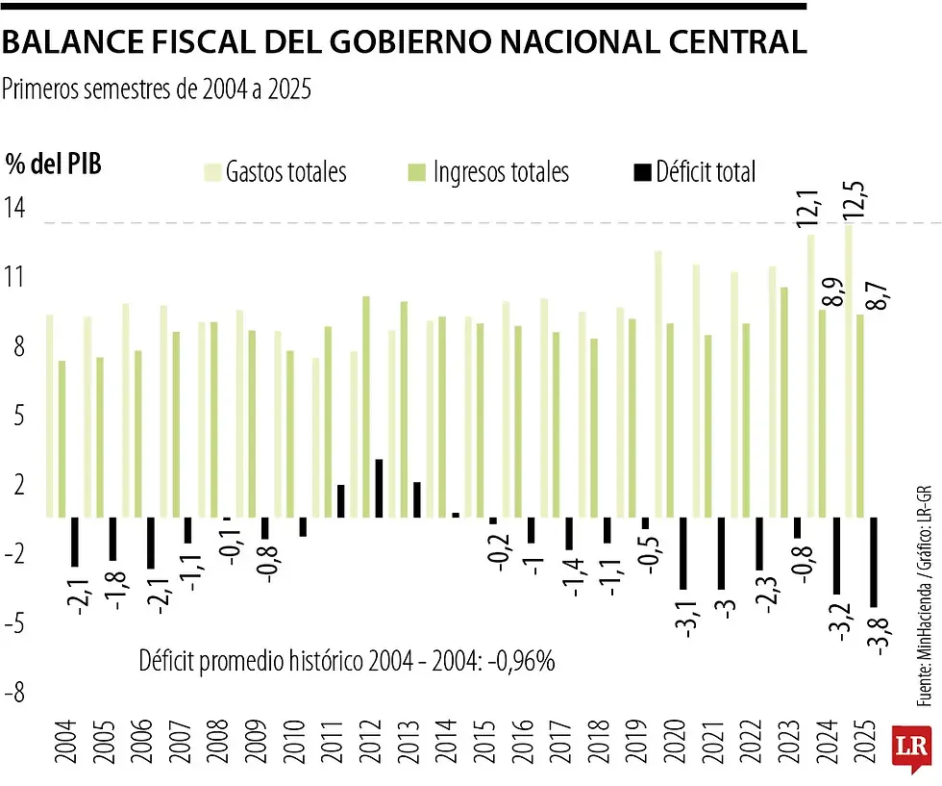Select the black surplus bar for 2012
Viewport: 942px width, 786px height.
(379, 488)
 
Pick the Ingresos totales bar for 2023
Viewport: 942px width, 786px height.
(784, 401)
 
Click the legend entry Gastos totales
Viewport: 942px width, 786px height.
(285, 172)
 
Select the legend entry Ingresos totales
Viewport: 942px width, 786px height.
(500, 172)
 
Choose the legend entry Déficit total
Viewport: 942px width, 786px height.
(706, 172)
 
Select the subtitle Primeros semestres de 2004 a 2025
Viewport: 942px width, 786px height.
(158, 89)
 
